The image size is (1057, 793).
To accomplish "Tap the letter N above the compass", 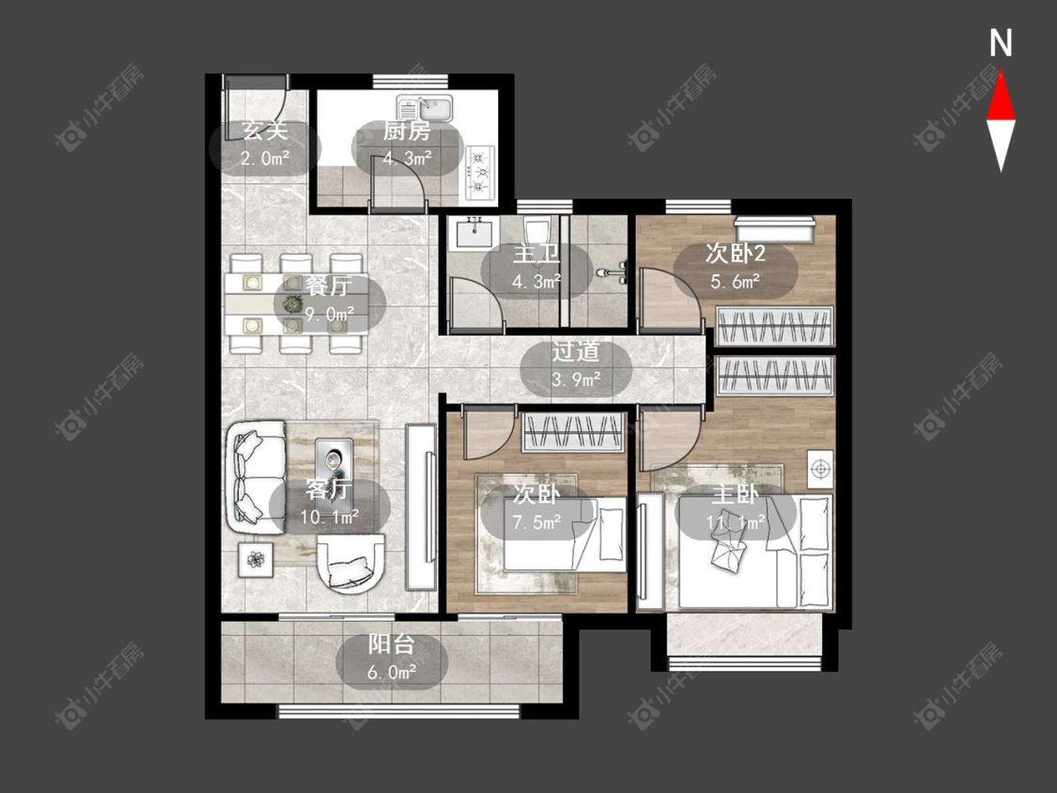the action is (1001, 43).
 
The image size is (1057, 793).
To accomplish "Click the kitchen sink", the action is (425, 109).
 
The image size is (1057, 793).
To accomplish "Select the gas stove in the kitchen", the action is (479, 173).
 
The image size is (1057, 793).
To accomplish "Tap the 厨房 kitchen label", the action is (407, 131).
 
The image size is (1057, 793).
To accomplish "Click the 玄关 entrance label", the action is (265, 131).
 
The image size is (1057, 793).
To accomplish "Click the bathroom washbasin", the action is (476, 233).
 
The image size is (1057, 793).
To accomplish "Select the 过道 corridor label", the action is (575, 351).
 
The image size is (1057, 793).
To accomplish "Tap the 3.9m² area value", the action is (576, 380).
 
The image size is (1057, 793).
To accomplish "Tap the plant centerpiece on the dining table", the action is (291, 303).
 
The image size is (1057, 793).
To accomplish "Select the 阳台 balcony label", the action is (391, 644).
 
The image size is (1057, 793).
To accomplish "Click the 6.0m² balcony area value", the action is (391, 673).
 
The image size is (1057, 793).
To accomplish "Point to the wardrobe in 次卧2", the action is (774, 325).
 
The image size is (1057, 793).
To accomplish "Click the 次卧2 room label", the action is (736, 254).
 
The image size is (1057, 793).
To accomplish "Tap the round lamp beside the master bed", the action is (820, 468).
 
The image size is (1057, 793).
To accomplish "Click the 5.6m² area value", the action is (736, 281).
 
